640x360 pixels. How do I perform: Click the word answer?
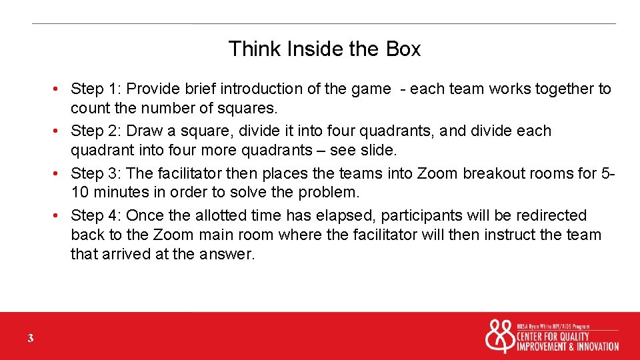pos(227,254)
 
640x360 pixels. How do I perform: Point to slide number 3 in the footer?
pos(31,339)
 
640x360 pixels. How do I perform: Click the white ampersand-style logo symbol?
pos(499,336)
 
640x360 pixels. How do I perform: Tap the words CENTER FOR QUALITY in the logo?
pos(553,336)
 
